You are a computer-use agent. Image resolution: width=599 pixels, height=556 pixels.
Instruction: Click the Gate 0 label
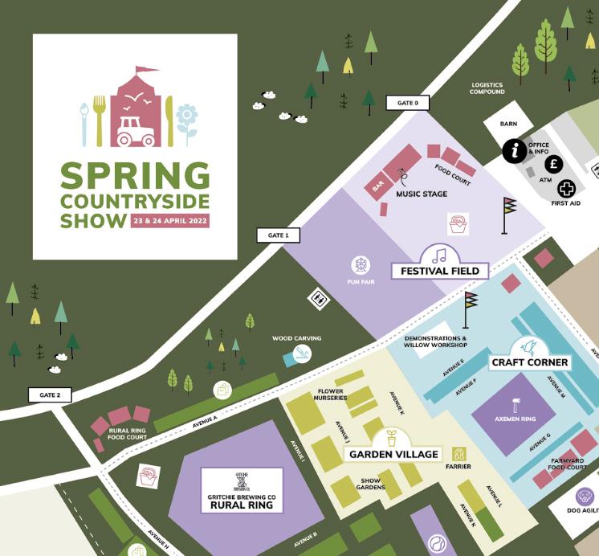tap(408, 103)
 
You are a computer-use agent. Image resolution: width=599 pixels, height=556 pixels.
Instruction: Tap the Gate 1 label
tap(278, 235)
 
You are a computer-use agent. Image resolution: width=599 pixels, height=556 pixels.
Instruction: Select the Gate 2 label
tap(50, 395)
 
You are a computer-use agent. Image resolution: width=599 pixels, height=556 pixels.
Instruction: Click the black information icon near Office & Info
tap(515, 149)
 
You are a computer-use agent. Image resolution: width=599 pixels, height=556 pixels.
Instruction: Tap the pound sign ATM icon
tap(553, 164)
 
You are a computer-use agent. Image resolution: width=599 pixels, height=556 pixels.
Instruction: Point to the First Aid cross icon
tap(567, 189)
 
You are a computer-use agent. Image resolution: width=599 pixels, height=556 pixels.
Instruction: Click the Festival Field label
tap(440, 271)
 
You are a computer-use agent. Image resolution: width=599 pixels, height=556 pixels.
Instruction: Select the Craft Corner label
tap(529, 362)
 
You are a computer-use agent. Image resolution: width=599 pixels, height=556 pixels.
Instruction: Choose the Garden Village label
tap(393, 454)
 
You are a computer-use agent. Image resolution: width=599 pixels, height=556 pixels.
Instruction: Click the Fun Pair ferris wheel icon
tap(361, 264)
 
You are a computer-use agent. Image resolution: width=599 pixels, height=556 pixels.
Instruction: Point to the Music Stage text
tap(422, 194)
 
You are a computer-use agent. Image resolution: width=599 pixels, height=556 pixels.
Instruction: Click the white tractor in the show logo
tap(136, 133)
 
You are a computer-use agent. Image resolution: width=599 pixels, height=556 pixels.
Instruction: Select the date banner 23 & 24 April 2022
tap(169, 220)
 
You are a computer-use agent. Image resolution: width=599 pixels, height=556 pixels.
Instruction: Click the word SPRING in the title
tap(134, 176)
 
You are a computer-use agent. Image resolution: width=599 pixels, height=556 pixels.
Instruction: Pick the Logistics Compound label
tap(487, 88)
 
